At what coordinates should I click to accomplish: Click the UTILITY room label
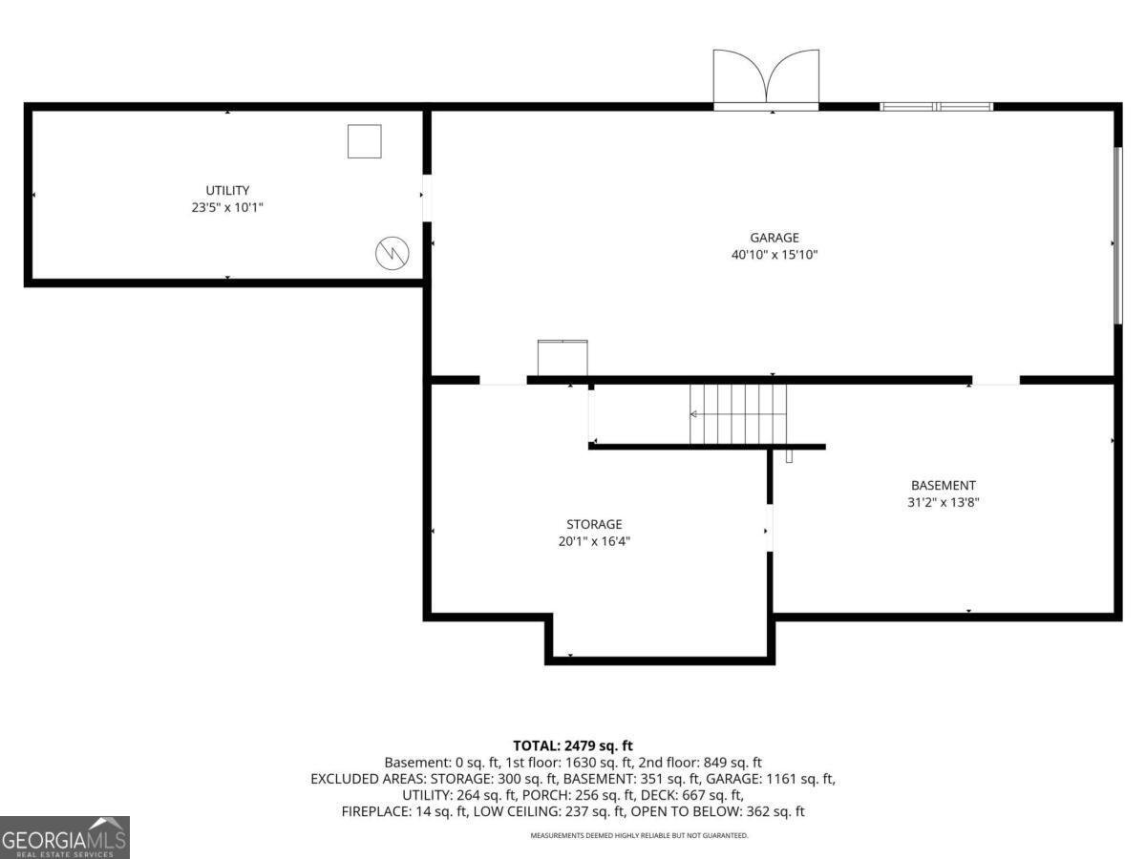[227, 190]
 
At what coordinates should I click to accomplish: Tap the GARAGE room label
[775, 238]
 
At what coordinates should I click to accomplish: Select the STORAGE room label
[594, 524]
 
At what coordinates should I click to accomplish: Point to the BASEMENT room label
[943, 485]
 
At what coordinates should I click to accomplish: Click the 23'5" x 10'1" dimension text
[227, 207]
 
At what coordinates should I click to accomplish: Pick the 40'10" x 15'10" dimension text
[775, 255]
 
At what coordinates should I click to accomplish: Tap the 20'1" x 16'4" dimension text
[594, 541]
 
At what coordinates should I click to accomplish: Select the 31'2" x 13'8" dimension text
[943, 502]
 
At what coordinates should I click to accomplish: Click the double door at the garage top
[766, 80]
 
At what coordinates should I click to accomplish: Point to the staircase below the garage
[738, 414]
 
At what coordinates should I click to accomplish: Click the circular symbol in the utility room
[393, 254]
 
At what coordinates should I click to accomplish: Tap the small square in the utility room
[365, 141]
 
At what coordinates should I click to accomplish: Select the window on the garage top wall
[937, 107]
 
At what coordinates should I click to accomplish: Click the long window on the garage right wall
[1117, 236]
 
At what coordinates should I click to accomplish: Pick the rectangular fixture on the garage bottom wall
[562, 358]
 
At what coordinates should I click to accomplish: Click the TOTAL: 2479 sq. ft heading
[573, 745]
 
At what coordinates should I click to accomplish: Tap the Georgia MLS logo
[65, 838]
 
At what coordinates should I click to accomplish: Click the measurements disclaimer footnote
[639, 835]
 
